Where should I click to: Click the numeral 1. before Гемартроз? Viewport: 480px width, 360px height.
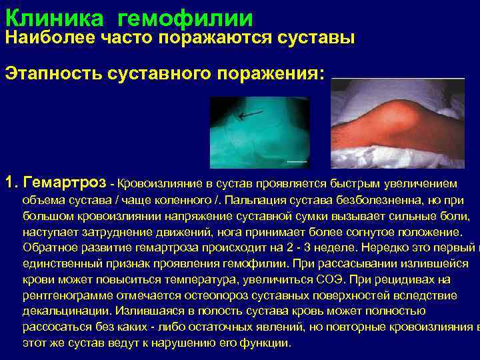click(11, 182)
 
